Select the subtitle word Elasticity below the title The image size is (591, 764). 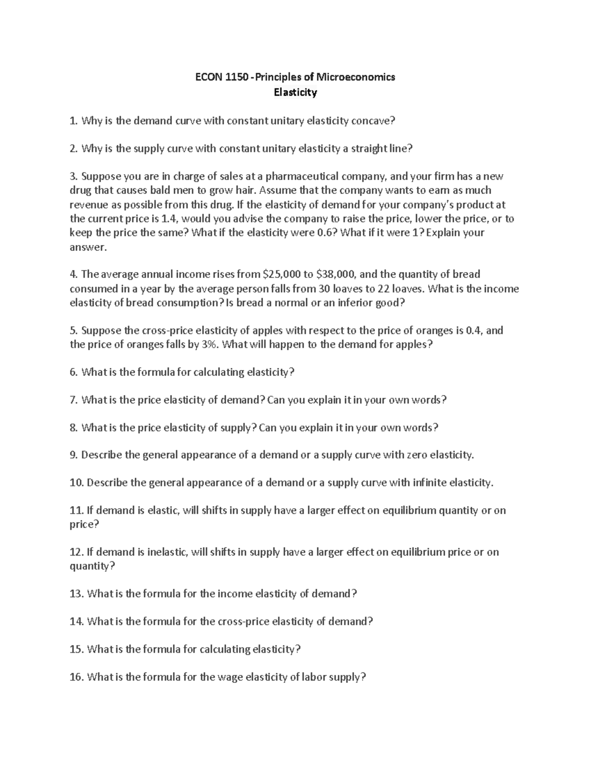[x=295, y=92]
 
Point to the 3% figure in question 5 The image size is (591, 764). [x=210, y=344]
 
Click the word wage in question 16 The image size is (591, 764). [x=229, y=677]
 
